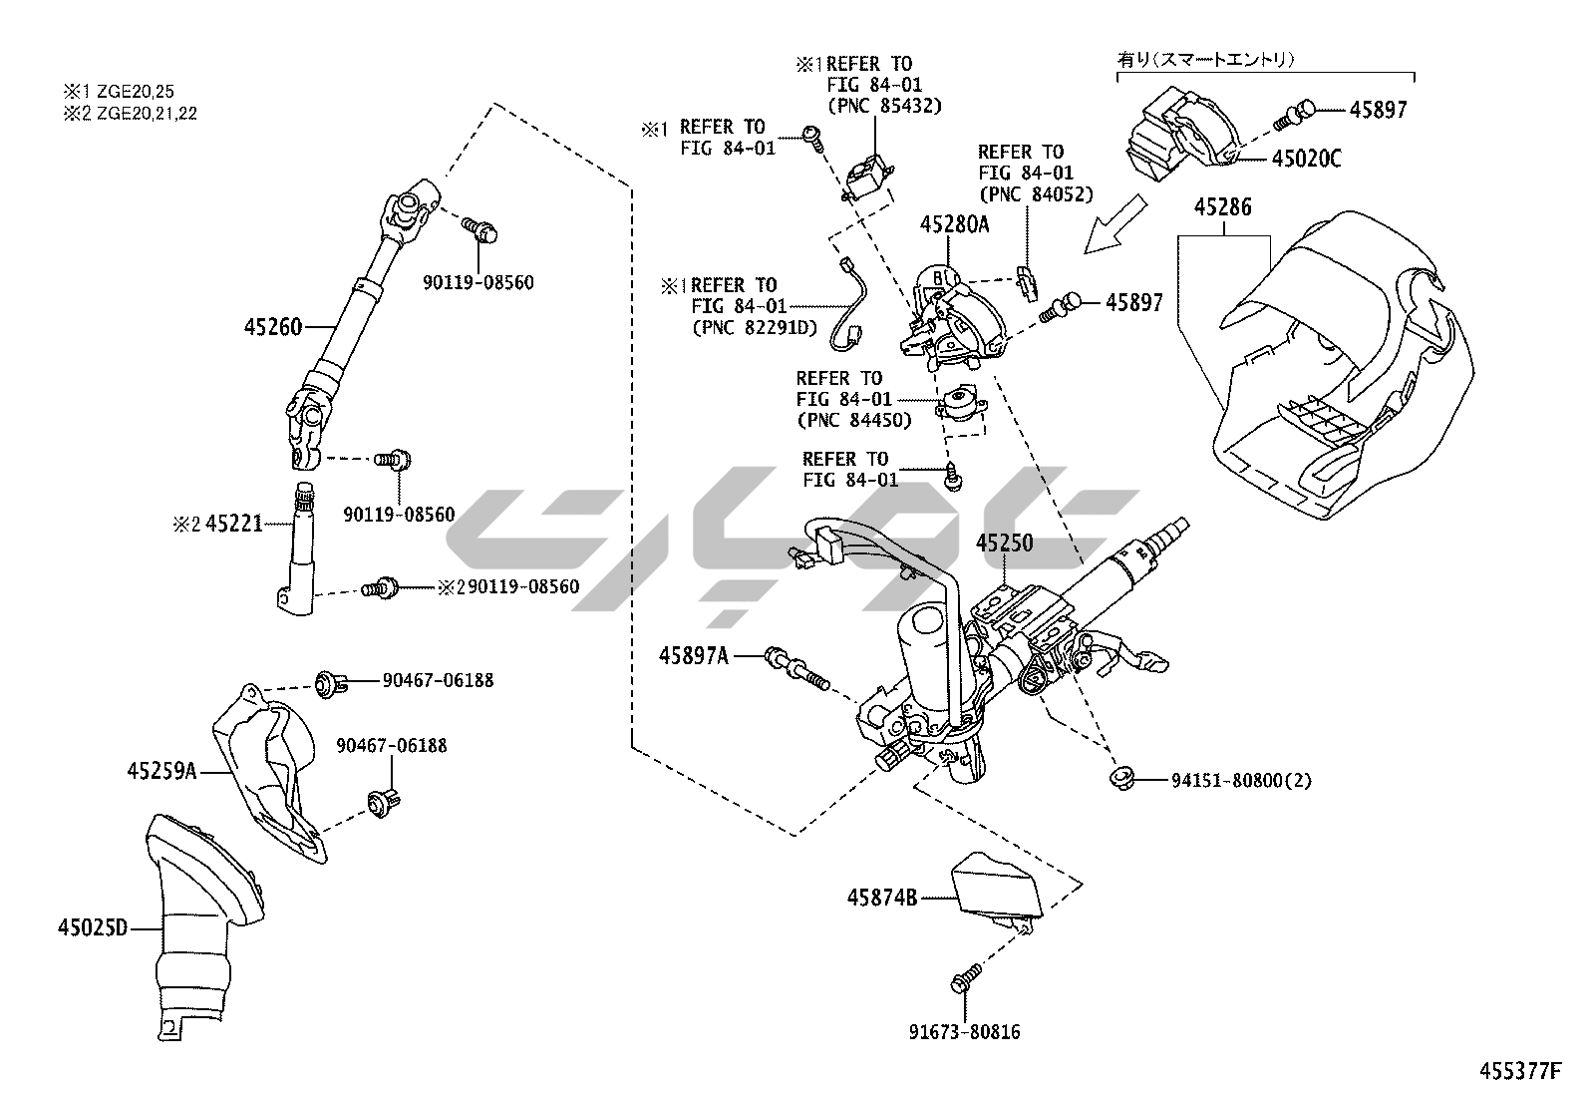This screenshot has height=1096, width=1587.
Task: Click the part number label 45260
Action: click(272, 325)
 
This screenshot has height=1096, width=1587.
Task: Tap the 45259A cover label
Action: click(163, 770)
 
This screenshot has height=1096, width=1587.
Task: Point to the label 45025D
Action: click(93, 928)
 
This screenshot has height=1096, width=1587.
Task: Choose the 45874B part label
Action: click(882, 898)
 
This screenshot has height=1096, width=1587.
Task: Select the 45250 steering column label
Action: click(1004, 544)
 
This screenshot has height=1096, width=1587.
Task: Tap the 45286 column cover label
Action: click(1223, 207)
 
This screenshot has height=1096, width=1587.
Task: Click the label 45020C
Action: click(1306, 159)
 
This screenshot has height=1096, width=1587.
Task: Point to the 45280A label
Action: click(954, 224)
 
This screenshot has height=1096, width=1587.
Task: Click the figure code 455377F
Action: click(1519, 1072)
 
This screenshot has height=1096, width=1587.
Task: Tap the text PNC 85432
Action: click(884, 106)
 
